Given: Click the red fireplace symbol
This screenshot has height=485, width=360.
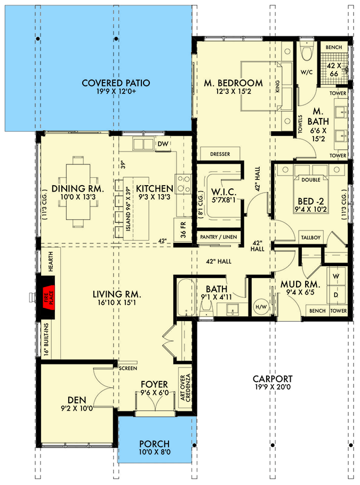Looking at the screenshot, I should coord(46,295).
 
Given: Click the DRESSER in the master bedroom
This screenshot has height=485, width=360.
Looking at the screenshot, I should coord(220,154).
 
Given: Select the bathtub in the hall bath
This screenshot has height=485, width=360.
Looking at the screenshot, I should coord(185,298).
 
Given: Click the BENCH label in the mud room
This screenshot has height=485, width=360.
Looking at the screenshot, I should coord(317,311).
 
